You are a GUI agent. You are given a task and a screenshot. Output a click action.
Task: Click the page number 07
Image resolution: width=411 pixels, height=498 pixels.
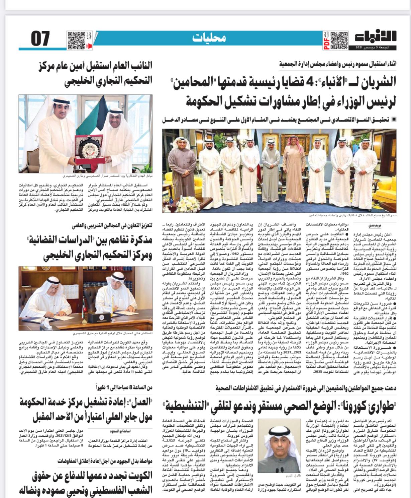click(x=40, y=39)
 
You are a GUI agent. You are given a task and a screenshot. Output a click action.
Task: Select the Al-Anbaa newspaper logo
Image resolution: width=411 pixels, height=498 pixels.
click(x=375, y=38)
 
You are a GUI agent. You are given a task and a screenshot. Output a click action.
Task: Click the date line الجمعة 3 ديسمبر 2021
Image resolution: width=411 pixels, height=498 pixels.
click(x=376, y=48)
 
